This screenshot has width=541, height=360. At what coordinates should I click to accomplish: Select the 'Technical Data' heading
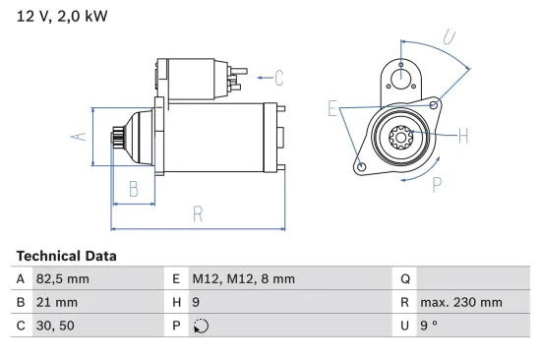pyautogui.click(x=66, y=256)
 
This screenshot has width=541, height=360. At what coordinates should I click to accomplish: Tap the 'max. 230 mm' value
pyautogui.click(x=460, y=303)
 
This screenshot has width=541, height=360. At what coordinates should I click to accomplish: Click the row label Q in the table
pyautogui.click(x=403, y=279)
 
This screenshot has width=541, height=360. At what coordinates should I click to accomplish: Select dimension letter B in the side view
pyautogui.click(x=134, y=189)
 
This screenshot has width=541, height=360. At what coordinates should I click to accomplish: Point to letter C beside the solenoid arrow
pyautogui.click(x=278, y=77)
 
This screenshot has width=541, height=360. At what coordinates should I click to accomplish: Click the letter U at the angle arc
pyautogui.click(x=449, y=38)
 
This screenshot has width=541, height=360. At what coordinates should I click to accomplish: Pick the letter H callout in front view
pyautogui.click(x=463, y=136)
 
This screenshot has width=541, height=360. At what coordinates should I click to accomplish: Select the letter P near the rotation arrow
pyautogui.click(x=436, y=183)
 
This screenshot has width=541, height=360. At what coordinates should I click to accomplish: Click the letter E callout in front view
pyautogui.click(x=333, y=109)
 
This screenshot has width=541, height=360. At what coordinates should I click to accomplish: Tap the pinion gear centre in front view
pyautogui.click(x=402, y=138)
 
